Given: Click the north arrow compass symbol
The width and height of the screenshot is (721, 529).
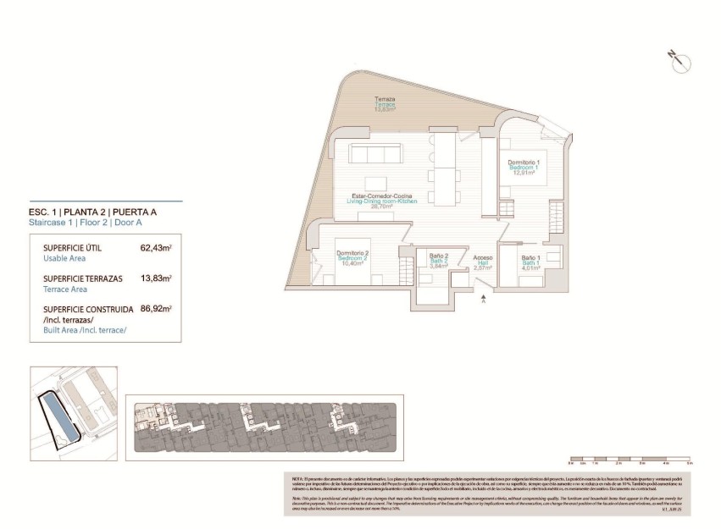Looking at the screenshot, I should (x=679, y=61).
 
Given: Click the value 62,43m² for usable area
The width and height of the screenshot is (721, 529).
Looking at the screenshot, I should (x=156, y=249).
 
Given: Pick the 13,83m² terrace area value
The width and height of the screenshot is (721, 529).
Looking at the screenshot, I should (x=156, y=278).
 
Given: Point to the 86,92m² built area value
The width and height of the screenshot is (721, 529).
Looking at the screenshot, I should (x=156, y=309).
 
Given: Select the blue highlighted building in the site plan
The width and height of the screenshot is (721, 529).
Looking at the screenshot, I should (x=58, y=416).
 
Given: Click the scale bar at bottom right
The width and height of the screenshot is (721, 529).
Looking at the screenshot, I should (x=629, y=463).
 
